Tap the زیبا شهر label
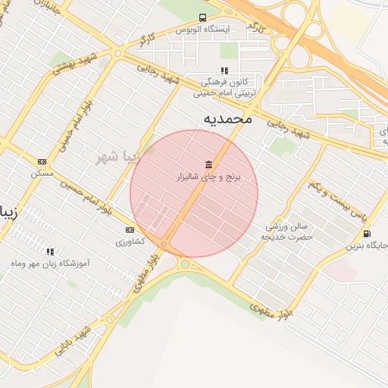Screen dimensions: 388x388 point(119,158)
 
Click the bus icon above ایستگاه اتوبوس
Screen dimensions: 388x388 point(202,17)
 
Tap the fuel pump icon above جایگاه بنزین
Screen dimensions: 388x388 point(368,233)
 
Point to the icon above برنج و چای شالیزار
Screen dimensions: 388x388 point(208,164)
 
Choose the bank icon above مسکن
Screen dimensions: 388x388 point(42,161)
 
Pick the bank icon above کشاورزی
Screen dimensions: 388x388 point(130,230)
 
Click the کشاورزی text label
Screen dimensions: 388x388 point(130,242)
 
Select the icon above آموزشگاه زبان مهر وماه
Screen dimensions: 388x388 point(51,252)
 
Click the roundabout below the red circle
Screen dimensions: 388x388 point(184,264)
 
